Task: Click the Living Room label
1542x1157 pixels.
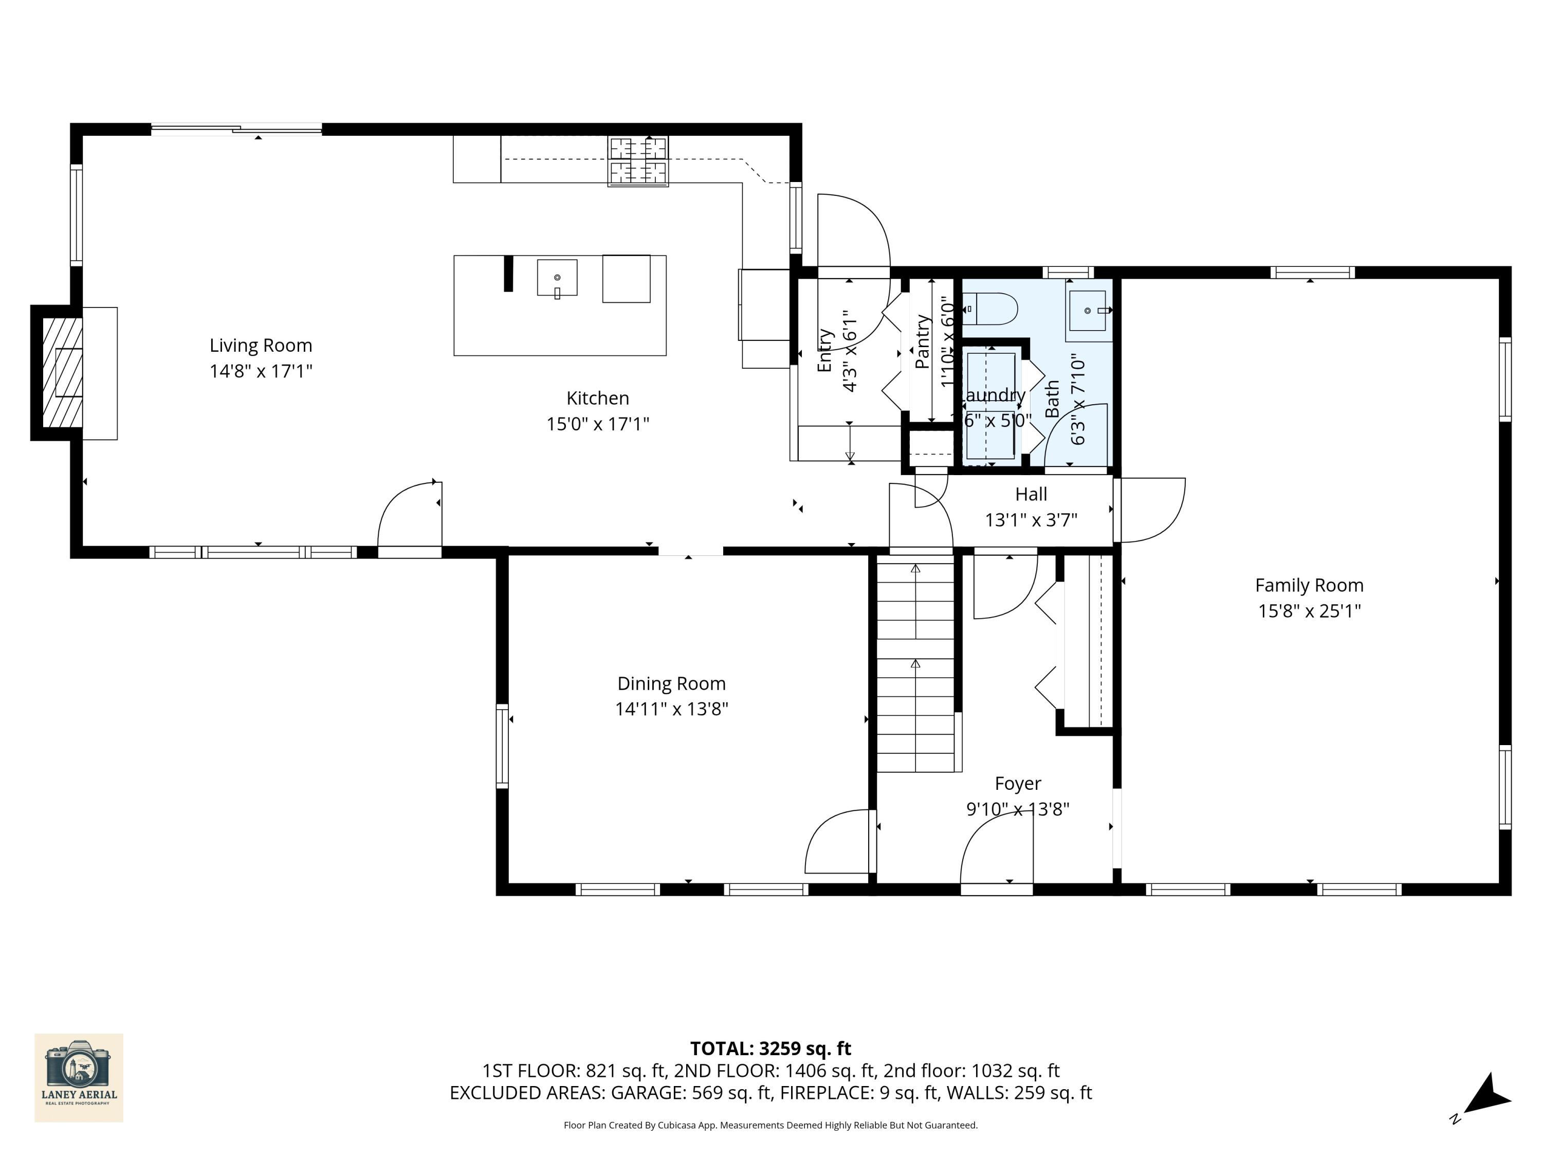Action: (x=261, y=345)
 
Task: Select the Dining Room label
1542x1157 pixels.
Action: (x=671, y=683)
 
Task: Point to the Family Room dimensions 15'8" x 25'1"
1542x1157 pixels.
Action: (x=1309, y=611)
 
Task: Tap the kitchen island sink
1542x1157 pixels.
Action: (x=557, y=278)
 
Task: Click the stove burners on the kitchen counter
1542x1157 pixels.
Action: (x=638, y=160)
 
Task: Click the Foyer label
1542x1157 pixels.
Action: (x=1018, y=784)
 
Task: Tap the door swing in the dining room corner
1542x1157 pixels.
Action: (x=836, y=840)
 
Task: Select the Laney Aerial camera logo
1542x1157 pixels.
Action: (x=79, y=1077)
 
